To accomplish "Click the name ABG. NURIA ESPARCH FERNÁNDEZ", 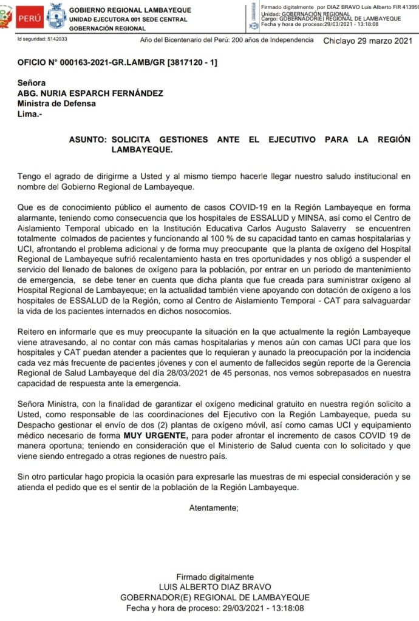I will pos(89,93).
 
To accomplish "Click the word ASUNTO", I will pos(87,139).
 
